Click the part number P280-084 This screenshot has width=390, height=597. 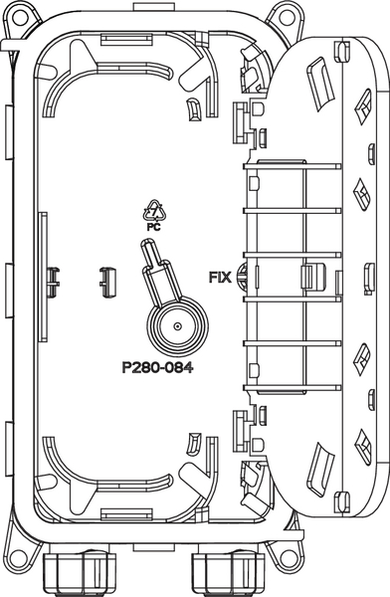click(157, 368)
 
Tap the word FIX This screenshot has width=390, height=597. click(220, 277)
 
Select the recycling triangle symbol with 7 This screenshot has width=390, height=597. click(154, 211)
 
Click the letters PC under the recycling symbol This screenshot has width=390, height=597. click(154, 227)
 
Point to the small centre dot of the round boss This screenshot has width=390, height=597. click(177, 326)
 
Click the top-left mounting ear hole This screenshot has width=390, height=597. click(20, 17)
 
